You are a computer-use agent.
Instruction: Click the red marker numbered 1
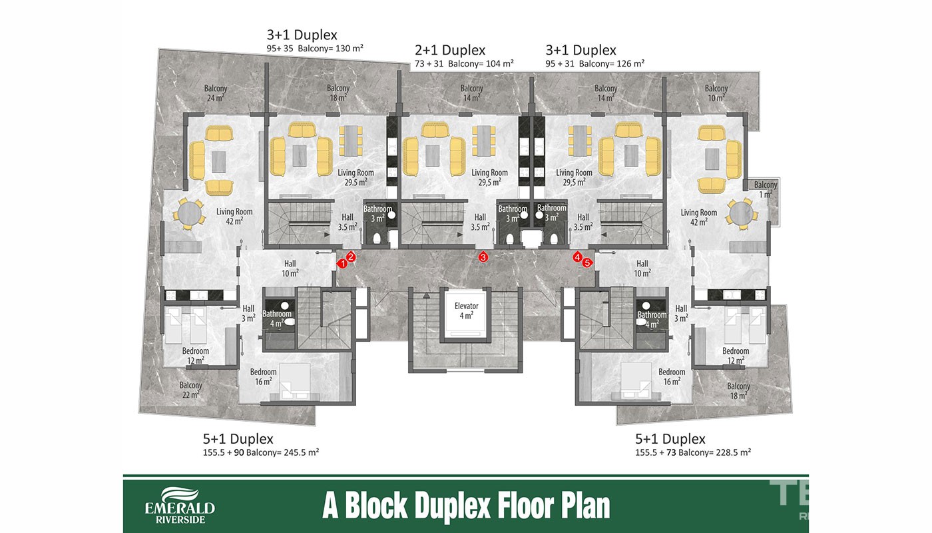pyautogui.click(x=342, y=264)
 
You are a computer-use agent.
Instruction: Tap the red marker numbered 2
pyautogui.click(x=351, y=257)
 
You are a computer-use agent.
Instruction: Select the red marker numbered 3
pyautogui.click(x=483, y=257)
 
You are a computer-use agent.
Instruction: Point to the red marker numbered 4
pyautogui.click(x=577, y=257)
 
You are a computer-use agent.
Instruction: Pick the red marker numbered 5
pyautogui.click(x=587, y=263)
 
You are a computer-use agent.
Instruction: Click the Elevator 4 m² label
pyautogui.click(x=467, y=310)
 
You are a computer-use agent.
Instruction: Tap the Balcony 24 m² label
pyautogui.click(x=216, y=93)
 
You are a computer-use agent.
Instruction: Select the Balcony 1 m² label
pyautogui.click(x=766, y=189)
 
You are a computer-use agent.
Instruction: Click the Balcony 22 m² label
pyautogui.click(x=190, y=390)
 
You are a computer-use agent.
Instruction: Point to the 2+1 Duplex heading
pyautogui.click(x=450, y=50)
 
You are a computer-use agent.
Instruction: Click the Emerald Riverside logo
pyautogui.click(x=180, y=505)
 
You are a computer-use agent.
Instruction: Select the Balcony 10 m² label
pyautogui.click(x=716, y=93)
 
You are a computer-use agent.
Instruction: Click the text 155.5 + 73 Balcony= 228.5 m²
pyautogui.click(x=693, y=452)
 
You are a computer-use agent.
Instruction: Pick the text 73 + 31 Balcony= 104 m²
pyautogui.click(x=464, y=64)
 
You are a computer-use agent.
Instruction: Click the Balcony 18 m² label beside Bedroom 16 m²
pyautogui.click(x=738, y=390)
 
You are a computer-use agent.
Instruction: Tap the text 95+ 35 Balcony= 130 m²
pyautogui.click(x=314, y=48)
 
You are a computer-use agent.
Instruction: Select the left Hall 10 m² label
pyautogui.click(x=290, y=268)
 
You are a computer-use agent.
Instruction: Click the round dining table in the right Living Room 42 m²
pyautogui.click(x=742, y=214)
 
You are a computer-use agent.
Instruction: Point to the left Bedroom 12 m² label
pyautogui.click(x=196, y=356)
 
